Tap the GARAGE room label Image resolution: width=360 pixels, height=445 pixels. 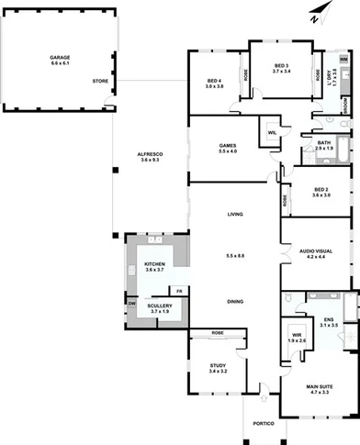point(61,57)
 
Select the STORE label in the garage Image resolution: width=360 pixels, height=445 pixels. point(100,82)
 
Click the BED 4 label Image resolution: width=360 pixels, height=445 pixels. point(214,82)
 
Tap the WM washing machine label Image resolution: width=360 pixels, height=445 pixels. point(343,59)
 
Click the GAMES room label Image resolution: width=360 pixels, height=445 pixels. point(228,146)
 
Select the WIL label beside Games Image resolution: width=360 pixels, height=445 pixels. point(273,133)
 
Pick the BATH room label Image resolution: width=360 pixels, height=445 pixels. point(323,143)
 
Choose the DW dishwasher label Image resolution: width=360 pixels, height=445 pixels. point(131,304)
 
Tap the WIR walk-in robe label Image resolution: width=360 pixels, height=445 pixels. point(296,336)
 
